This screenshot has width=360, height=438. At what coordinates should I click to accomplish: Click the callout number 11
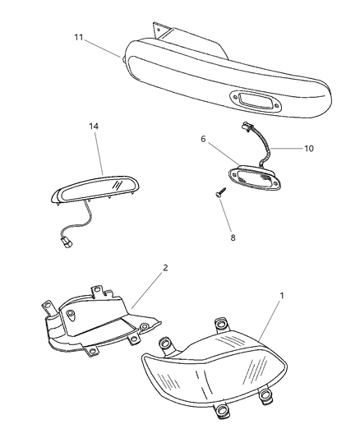(x=79, y=37)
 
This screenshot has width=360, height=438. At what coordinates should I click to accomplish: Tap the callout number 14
(x=94, y=127)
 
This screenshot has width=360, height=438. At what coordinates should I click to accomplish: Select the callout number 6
(x=203, y=139)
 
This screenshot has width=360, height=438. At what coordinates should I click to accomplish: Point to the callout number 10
(x=308, y=148)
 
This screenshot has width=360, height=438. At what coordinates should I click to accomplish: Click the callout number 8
(x=233, y=237)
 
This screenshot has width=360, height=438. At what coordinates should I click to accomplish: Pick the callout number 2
(x=165, y=268)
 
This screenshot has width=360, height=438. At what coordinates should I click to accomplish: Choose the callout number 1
(x=282, y=295)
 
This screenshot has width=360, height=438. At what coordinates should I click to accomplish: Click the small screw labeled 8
(x=220, y=192)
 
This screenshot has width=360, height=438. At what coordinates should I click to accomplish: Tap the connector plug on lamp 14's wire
(x=67, y=242)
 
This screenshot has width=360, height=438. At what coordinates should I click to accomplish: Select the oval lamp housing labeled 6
(x=255, y=178)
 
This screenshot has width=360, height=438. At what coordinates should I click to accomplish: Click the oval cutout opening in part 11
(x=256, y=102)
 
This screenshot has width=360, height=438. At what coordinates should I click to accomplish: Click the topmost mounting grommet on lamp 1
(x=220, y=324)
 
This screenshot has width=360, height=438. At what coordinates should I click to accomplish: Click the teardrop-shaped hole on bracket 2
(x=70, y=313)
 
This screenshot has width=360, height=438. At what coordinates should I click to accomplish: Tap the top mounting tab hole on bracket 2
(x=97, y=289)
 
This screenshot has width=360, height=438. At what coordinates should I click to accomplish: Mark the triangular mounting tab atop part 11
(x=161, y=30)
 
